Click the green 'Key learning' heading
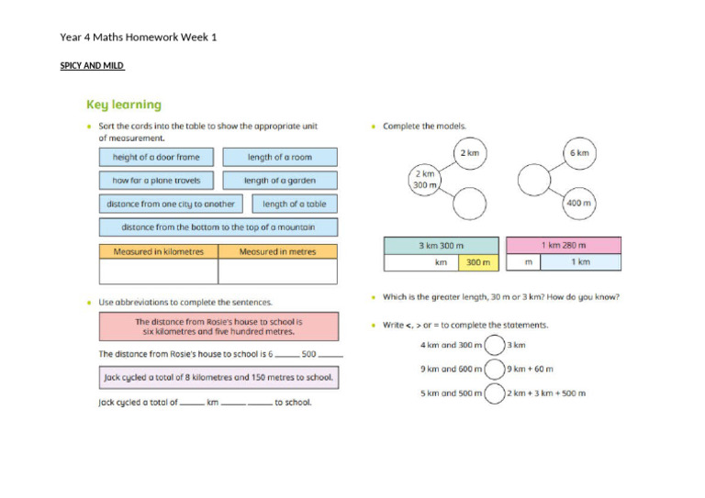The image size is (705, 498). pyautogui.click(x=123, y=105)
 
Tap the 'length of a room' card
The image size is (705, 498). pyautogui.click(x=279, y=157)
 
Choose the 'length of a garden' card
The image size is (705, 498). pyautogui.click(x=279, y=181)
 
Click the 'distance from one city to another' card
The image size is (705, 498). pyautogui.click(x=171, y=204)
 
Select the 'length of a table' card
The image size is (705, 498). pyautogui.click(x=294, y=204)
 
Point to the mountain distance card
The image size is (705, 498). pyautogui.click(x=218, y=227)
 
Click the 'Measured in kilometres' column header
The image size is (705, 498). pyautogui.click(x=158, y=251)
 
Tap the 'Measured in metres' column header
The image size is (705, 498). pyautogui.click(x=277, y=251)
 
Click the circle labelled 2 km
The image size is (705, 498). pyautogui.click(x=469, y=153)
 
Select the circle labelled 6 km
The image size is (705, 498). pyautogui.click(x=579, y=153)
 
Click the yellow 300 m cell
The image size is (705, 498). pyautogui.click(x=477, y=262)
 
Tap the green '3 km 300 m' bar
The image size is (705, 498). pyautogui.click(x=442, y=246)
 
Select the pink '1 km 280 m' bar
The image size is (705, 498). pyautogui.click(x=563, y=246)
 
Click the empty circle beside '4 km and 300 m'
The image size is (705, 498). pyautogui.click(x=494, y=345)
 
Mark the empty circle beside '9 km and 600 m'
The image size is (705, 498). pyautogui.click(x=494, y=369)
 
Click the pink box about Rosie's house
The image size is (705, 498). pyautogui.click(x=218, y=327)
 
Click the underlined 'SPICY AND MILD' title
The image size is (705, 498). pyautogui.click(x=92, y=66)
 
